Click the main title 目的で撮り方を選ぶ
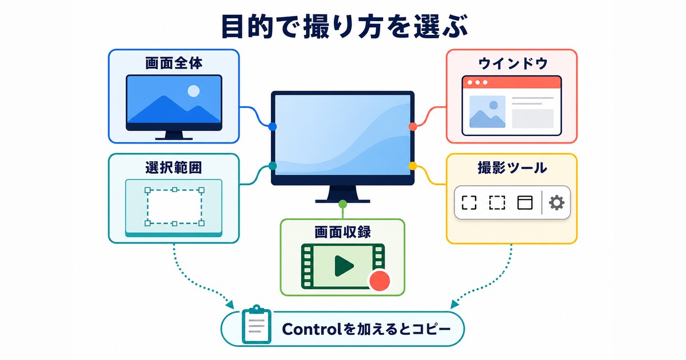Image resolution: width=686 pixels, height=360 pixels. (344, 27)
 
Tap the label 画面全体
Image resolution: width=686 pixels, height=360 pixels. (174, 63)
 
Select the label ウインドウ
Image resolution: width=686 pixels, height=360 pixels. (513, 63)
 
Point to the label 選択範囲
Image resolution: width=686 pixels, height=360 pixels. (174, 167)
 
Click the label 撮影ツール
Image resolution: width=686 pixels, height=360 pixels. (512, 168)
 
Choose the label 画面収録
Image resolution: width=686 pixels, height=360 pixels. (342, 232)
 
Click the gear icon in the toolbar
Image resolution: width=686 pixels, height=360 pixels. (556, 203)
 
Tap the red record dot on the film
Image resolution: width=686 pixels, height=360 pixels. (380, 281)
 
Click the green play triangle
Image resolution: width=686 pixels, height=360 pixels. (344, 266)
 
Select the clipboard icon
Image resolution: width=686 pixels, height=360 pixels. (256, 324)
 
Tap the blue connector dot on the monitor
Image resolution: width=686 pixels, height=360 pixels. (272, 126)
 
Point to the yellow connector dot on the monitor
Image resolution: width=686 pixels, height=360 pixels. (413, 166)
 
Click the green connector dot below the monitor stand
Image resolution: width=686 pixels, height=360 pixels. (342, 204)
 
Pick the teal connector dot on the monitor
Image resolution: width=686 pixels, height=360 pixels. (272, 166)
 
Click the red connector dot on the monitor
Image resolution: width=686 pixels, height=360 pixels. (413, 126)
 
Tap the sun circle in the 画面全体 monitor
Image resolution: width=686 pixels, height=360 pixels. (194, 91)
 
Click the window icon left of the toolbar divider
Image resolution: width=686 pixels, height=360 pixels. (525, 203)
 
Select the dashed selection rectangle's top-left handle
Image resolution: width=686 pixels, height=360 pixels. (147, 190)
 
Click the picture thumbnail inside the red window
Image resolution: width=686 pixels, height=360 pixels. (487, 112)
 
